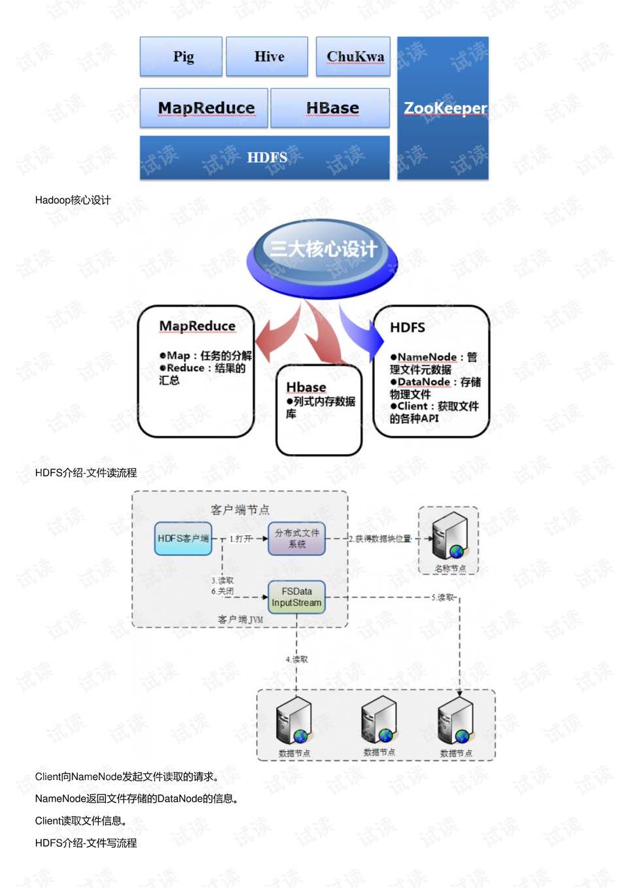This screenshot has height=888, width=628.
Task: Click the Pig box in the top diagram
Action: (181, 57)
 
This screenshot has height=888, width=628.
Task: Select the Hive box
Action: (268, 57)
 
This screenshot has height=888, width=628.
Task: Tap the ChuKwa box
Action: (353, 57)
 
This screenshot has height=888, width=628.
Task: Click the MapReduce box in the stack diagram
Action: (204, 108)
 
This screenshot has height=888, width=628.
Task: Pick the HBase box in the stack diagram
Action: (331, 108)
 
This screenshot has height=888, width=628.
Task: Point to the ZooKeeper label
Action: (444, 108)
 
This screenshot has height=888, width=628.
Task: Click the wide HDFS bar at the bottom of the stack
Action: (265, 158)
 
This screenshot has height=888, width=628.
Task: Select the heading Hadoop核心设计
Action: (73, 200)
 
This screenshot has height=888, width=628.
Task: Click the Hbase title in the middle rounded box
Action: (305, 387)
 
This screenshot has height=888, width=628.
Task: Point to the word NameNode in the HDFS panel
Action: (427, 357)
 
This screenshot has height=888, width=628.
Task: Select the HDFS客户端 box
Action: (183, 539)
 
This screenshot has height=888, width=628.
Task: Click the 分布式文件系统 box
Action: (297, 539)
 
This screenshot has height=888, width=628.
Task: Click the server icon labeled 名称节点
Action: (449, 535)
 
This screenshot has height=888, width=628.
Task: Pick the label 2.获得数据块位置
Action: (380, 539)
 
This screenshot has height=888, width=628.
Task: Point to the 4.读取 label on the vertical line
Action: (296, 660)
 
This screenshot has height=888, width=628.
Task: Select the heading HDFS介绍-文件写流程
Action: (86, 844)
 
